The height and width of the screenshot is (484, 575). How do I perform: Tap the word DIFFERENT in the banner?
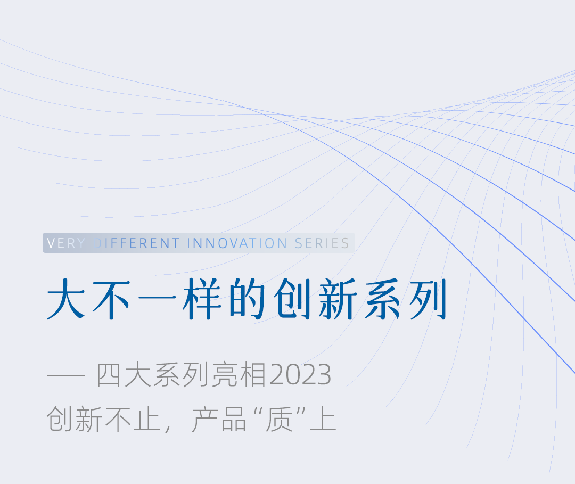pos(136,243)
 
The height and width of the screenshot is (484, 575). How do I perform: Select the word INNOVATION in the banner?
pos(237,243)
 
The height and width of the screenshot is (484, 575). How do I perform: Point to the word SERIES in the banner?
pos(322,243)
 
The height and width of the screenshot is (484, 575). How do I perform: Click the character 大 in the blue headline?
pos(66,299)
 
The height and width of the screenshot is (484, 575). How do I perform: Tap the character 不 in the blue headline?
pos(111,299)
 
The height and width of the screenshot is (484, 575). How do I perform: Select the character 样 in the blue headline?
pos(202,299)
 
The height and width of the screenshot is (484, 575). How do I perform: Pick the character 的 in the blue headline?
pos(247,299)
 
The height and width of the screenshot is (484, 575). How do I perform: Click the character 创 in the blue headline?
pos(292,299)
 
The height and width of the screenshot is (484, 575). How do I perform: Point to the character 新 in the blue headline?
pos(338,299)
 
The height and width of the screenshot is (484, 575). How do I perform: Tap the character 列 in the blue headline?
pos(428,299)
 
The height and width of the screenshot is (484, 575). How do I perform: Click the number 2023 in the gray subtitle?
pos(300,375)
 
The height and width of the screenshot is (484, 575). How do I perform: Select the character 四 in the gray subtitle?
pos(109,375)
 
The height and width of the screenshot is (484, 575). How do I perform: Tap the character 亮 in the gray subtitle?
pos(225,375)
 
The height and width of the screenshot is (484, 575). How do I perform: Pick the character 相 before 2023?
pos(253,375)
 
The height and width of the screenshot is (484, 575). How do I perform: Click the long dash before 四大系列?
pos(66,375)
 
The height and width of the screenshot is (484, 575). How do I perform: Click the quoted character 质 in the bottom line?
pos(279,419)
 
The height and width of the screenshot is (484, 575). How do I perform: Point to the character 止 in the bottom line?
pos(147,419)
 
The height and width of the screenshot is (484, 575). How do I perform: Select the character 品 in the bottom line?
pos(234,419)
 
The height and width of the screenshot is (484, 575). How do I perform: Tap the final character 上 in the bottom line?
pos(323,419)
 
